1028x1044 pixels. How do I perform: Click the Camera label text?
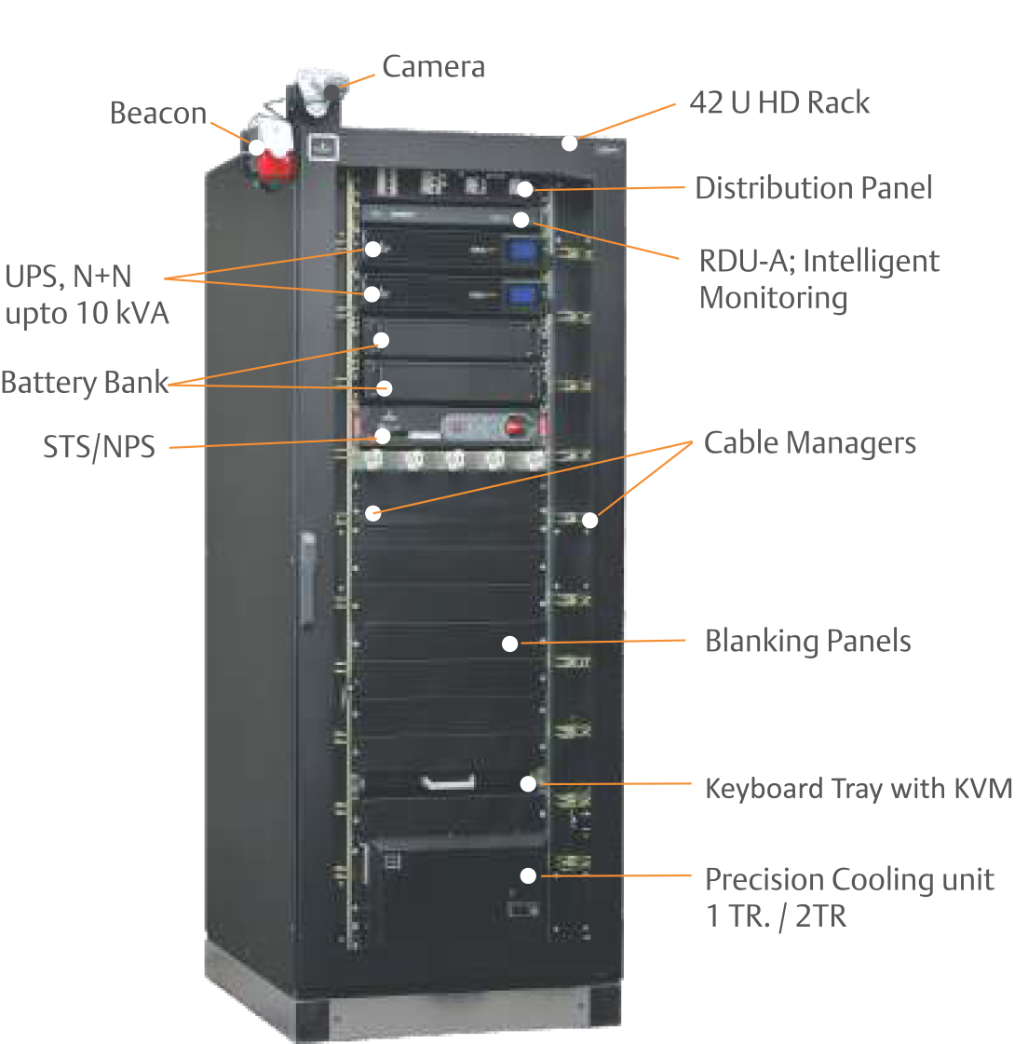click(x=433, y=67)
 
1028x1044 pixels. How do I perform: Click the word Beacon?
click(x=158, y=114)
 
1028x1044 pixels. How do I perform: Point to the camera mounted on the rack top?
click(x=317, y=91)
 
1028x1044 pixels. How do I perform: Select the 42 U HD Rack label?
click(x=779, y=102)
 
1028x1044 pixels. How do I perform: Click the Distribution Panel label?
click(x=812, y=188)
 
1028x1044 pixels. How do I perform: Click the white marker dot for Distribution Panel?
click(x=524, y=189)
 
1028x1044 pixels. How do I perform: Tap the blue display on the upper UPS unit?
click(x=521, y=250)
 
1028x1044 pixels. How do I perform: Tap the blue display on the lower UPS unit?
click(x=521, y=295)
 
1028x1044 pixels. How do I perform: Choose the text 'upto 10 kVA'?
click(x=88, y=314)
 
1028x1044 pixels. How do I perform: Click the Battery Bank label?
click(x=85, y=383)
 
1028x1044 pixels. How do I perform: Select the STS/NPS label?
click(x=99, y=447)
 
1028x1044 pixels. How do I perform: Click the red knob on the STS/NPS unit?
click(x=513, y=427)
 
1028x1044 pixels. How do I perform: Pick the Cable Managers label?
click(x=809, y=443)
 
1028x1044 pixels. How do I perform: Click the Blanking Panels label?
click(x=807, y=642)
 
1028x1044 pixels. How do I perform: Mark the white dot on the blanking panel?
click(x=509, y=643)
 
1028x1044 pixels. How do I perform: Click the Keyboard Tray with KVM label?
click(x=858, y=789)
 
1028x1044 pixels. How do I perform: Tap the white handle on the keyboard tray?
click(x=449, y=782)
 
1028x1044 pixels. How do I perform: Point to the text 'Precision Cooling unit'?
click(x=849, y=880)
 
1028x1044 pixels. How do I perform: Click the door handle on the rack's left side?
click(x=307, y=577)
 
